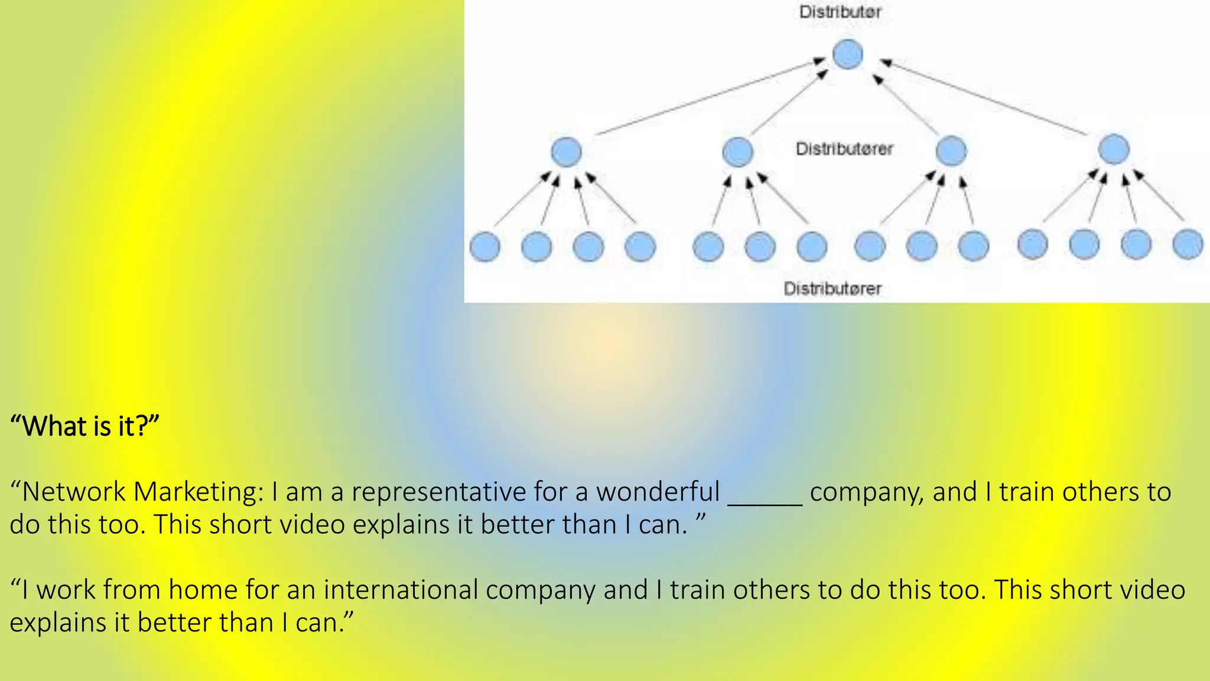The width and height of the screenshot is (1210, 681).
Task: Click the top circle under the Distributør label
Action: coord(847,54)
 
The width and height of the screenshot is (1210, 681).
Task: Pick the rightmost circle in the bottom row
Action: coord(1188,245)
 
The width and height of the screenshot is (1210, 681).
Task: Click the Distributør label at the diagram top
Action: coord(840,12)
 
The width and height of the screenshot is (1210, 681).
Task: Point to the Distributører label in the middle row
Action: coord(844,149)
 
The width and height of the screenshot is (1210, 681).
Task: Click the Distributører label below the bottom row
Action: coord(832,288)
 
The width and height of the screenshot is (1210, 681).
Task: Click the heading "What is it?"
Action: coord(85,426)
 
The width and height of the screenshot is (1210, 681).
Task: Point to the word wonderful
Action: coord(658,492)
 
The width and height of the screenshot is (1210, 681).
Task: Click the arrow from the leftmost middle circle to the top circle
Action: coord(709,96)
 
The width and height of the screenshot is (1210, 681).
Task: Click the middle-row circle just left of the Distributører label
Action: coord(738,151)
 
